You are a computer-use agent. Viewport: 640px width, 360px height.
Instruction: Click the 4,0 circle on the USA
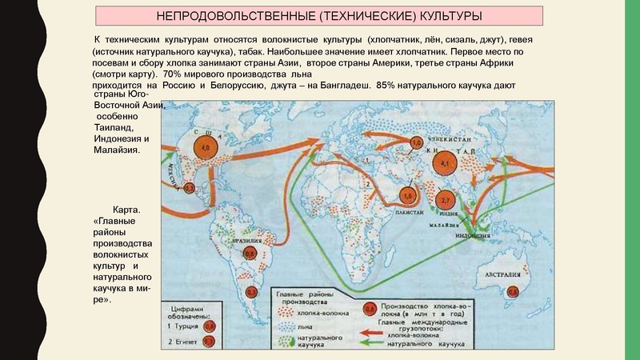coord(205,149)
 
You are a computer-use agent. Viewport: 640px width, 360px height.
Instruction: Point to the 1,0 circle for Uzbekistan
coord(417,143)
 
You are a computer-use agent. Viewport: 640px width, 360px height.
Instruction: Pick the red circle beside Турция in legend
coord(209,326)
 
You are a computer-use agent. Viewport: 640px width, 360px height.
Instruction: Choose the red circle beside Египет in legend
coord(209,342)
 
